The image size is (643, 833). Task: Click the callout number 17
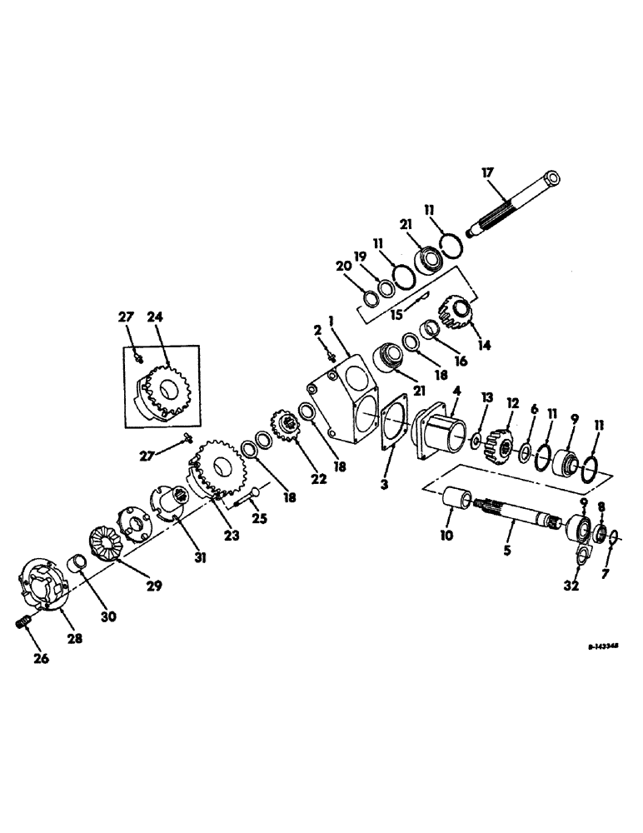(x=487, y=172)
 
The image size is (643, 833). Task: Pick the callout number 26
(x=41, y=658)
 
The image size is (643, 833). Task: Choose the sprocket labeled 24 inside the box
(x=163, y=385)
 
